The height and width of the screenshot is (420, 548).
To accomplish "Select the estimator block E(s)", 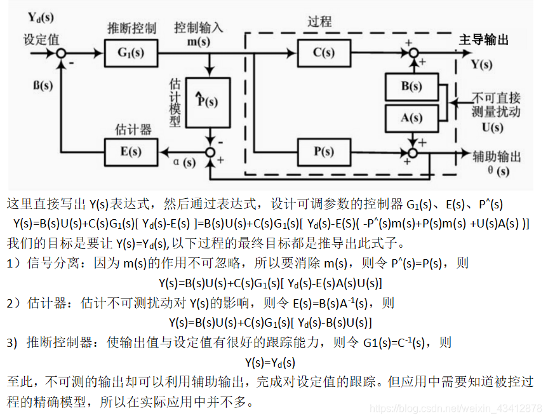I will (x=130, y=152).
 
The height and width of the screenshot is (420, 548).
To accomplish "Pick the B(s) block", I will (x=411, y=86).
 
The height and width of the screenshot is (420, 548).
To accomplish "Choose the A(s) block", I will (x=411, y=118).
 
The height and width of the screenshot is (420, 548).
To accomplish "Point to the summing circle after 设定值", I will (x=62, y=53).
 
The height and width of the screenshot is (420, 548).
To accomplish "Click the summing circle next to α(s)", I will (x=210, y=152).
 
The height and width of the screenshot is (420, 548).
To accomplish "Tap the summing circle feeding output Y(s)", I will (x=414, y=53).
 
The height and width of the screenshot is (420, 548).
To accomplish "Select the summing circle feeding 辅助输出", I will (x=414, y=152).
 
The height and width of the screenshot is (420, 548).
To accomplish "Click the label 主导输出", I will (x=484, y=40).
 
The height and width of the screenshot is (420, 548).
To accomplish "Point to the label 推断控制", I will (x=131, y=29).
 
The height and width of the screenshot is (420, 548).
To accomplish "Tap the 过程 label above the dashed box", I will (x=319, y=21).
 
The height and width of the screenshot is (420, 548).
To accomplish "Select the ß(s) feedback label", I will (x=43, y=85).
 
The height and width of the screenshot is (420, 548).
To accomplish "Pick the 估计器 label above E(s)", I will (x=133, y=130).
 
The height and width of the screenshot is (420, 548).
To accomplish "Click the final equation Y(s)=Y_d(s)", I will (x=271, y=363).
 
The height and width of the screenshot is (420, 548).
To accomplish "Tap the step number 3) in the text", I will (x=12, y=343).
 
